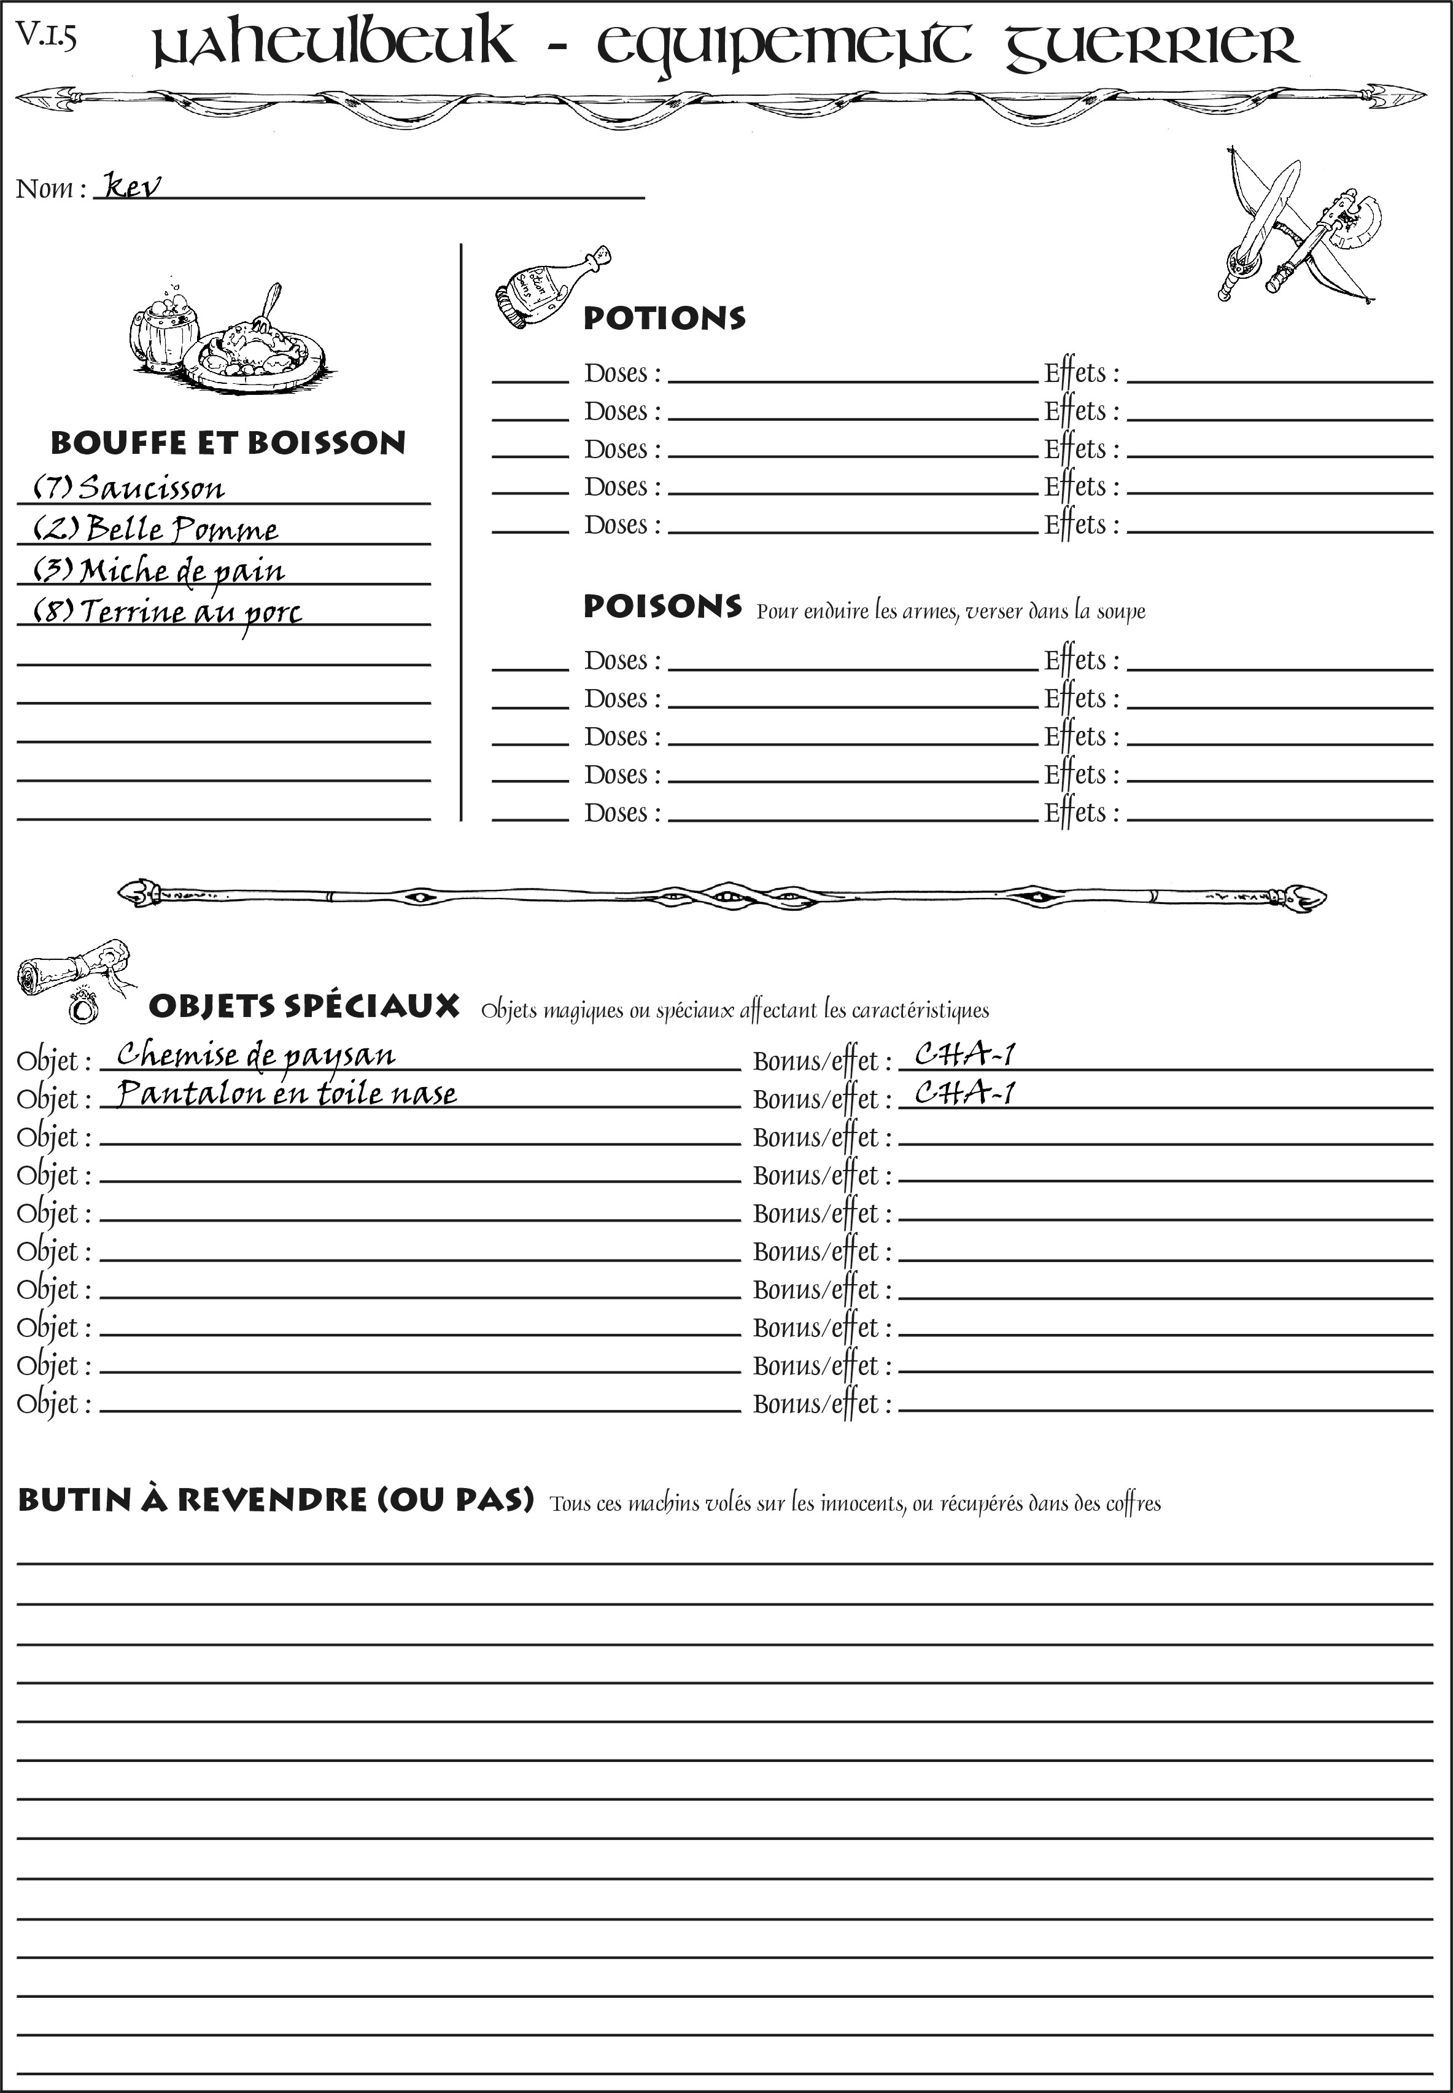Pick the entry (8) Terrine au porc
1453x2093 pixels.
point(168,611)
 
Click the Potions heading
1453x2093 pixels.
point(664,319)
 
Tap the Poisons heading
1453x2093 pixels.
point(662,607)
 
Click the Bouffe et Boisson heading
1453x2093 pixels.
point(228,443)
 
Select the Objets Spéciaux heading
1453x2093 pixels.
point(304,1007)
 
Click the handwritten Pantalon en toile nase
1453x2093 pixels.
point(287,1093)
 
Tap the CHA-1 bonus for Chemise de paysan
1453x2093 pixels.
point(964,1054)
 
